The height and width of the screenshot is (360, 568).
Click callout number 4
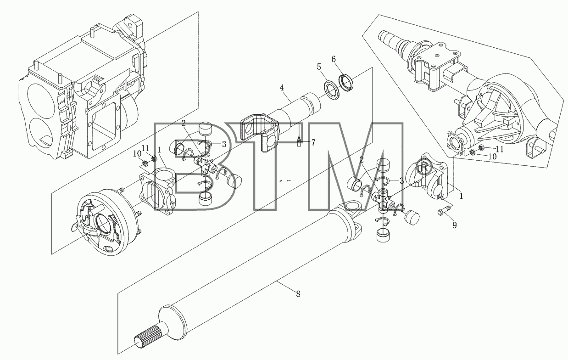point(282,88)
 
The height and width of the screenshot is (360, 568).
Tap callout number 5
point(319,67)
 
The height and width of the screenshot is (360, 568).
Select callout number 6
point(334,59)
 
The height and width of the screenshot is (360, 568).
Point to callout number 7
point(313,143)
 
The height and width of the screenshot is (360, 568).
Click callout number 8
point(298,294)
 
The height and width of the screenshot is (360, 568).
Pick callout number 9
point(454,225)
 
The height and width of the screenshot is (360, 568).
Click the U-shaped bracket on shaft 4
point(260,132)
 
